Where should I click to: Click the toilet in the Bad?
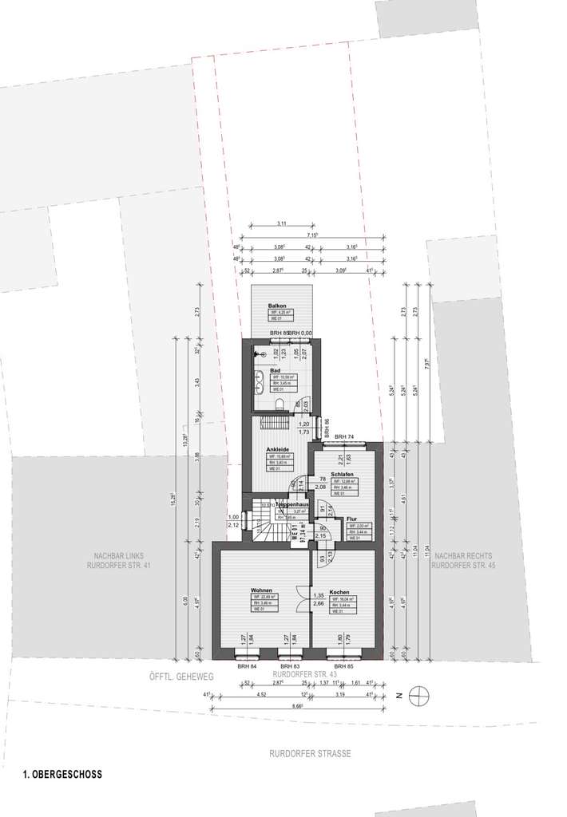[x=278, y=403]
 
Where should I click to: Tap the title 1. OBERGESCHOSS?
[x=62, y=774]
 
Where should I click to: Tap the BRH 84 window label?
[x=246, y=665]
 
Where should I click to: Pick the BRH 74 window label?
[x=344, y=436]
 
